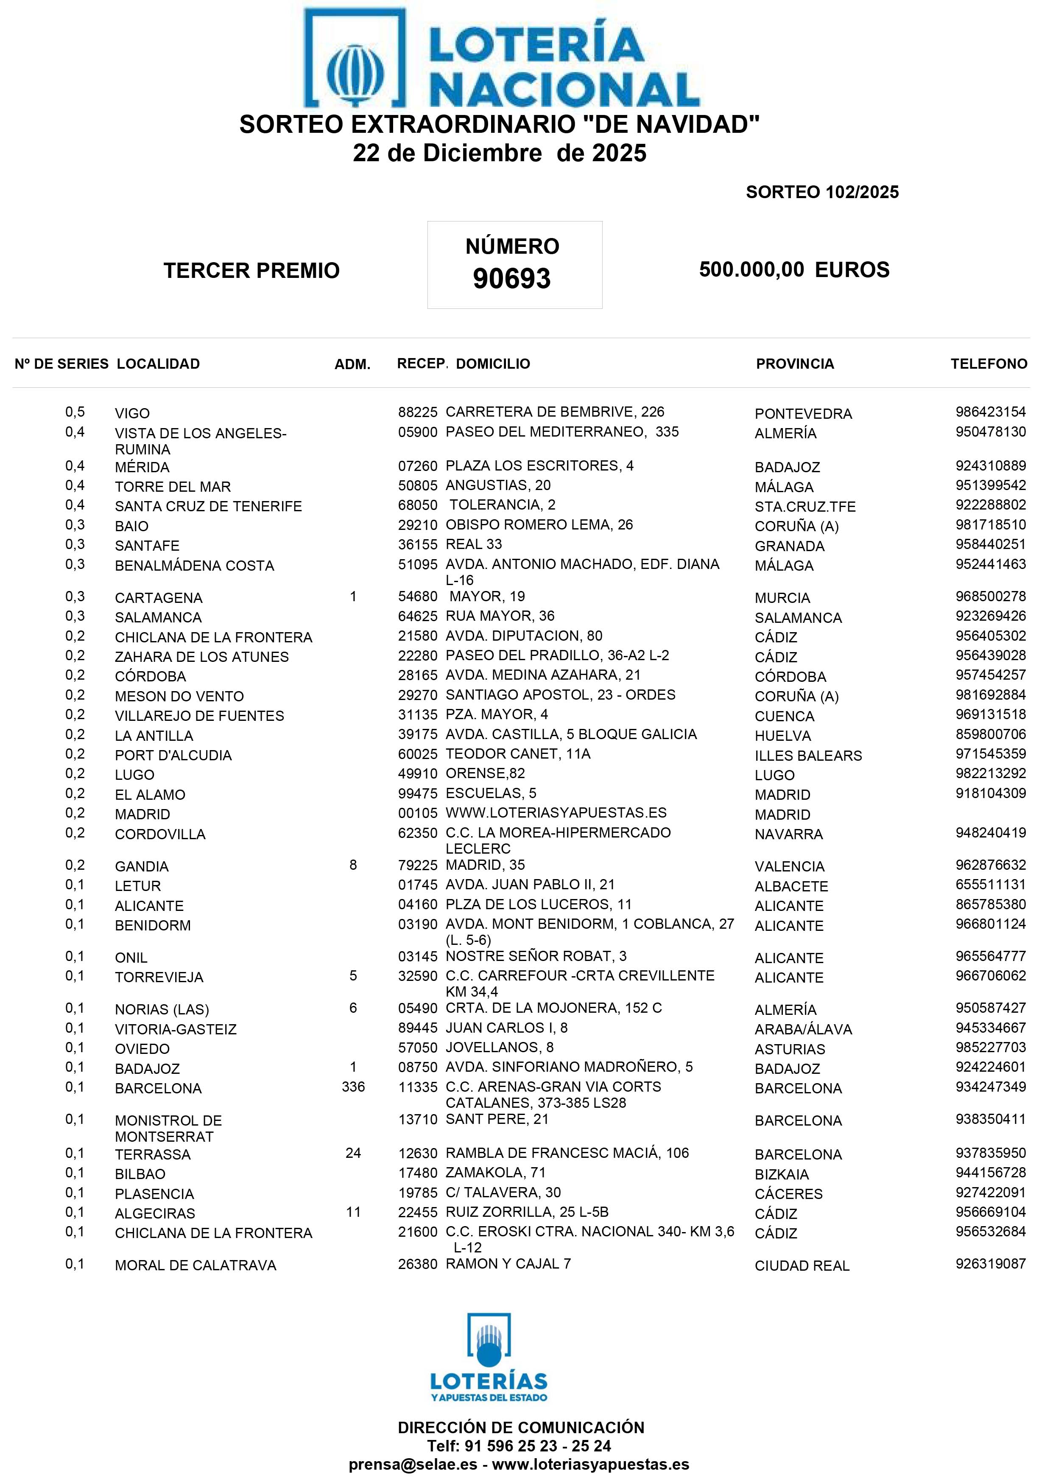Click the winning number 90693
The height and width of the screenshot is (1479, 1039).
[x=512, y=278]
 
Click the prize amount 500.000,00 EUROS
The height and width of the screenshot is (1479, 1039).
[x=794, y=269]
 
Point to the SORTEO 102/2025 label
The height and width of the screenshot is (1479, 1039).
[x=822, y=192]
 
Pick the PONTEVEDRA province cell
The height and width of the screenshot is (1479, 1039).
[x=803, y=414]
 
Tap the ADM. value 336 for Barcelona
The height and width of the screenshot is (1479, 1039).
[x=353, y=1087]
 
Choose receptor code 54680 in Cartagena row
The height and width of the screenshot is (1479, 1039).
[x=417, y=597]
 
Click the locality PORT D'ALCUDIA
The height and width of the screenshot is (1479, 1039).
[x=173, y=755]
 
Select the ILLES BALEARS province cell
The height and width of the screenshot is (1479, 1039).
[x=808, y=755]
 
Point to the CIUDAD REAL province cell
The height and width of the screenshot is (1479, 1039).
[x=802, y=1266]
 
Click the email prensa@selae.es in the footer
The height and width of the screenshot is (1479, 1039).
[x=413, y=1464]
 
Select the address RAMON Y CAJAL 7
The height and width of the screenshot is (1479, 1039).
[x=508, y=1264]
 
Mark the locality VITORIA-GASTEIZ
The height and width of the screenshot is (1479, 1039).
[x=176, y=1029]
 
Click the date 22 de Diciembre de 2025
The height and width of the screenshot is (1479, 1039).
[x=500, y=153]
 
